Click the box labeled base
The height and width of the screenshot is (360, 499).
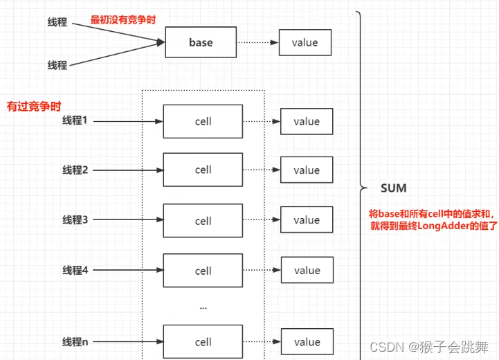coord(200,43)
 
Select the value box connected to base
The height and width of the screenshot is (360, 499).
coord(305,43)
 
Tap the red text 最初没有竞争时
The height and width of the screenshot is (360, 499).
coord(123,19)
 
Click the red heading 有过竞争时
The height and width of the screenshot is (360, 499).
coord(34,107)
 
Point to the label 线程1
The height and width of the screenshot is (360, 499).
coord(75,121)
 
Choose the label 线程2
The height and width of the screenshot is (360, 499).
coord(75,170)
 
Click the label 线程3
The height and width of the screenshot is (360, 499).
coord(75,220)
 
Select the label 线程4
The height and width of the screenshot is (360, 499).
coord(75,271)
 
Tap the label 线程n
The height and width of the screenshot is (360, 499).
coord(75,342)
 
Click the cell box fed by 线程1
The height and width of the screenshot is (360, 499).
coord(203,122)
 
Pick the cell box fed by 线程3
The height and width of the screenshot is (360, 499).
coord(203,221)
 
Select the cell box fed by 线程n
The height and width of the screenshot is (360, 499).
coord(203,342)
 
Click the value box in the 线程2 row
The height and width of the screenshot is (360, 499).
coord(306,170)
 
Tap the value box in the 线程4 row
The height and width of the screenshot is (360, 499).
coord(306,271)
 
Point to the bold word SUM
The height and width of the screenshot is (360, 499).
coord(393,188)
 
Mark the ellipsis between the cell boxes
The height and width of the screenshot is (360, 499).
coord(202,306)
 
